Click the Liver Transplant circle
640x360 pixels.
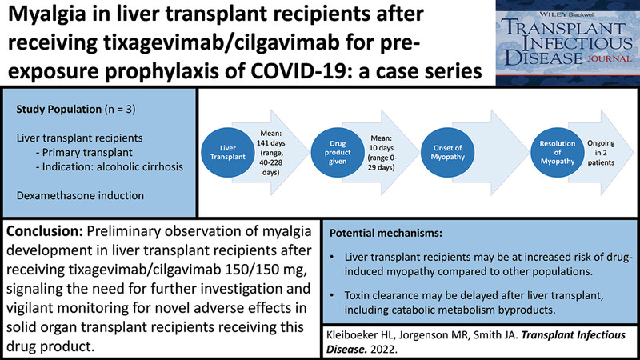click(x=228, y=152)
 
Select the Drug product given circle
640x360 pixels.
click(x=338, y=152)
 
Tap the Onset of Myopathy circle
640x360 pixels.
click(x=447, y=152)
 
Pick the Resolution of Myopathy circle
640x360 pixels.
click(x=557, y=152)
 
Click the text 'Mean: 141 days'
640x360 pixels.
click(x=270, y=138)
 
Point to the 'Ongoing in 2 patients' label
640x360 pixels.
click(x=601, y=153)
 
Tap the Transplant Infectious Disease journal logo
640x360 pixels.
click(x=567, y=42)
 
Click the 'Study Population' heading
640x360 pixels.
click(x=58, y=110)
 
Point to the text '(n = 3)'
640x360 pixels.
click(x=120, y=110)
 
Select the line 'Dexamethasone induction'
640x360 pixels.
click(x=80, y=195)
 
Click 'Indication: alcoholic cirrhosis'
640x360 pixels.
click(x=110, y=167)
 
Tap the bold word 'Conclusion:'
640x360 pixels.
click(x=45, y=231)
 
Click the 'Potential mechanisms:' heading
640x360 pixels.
click(x=386, y=234)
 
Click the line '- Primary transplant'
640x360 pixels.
click(x=84, y=152)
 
